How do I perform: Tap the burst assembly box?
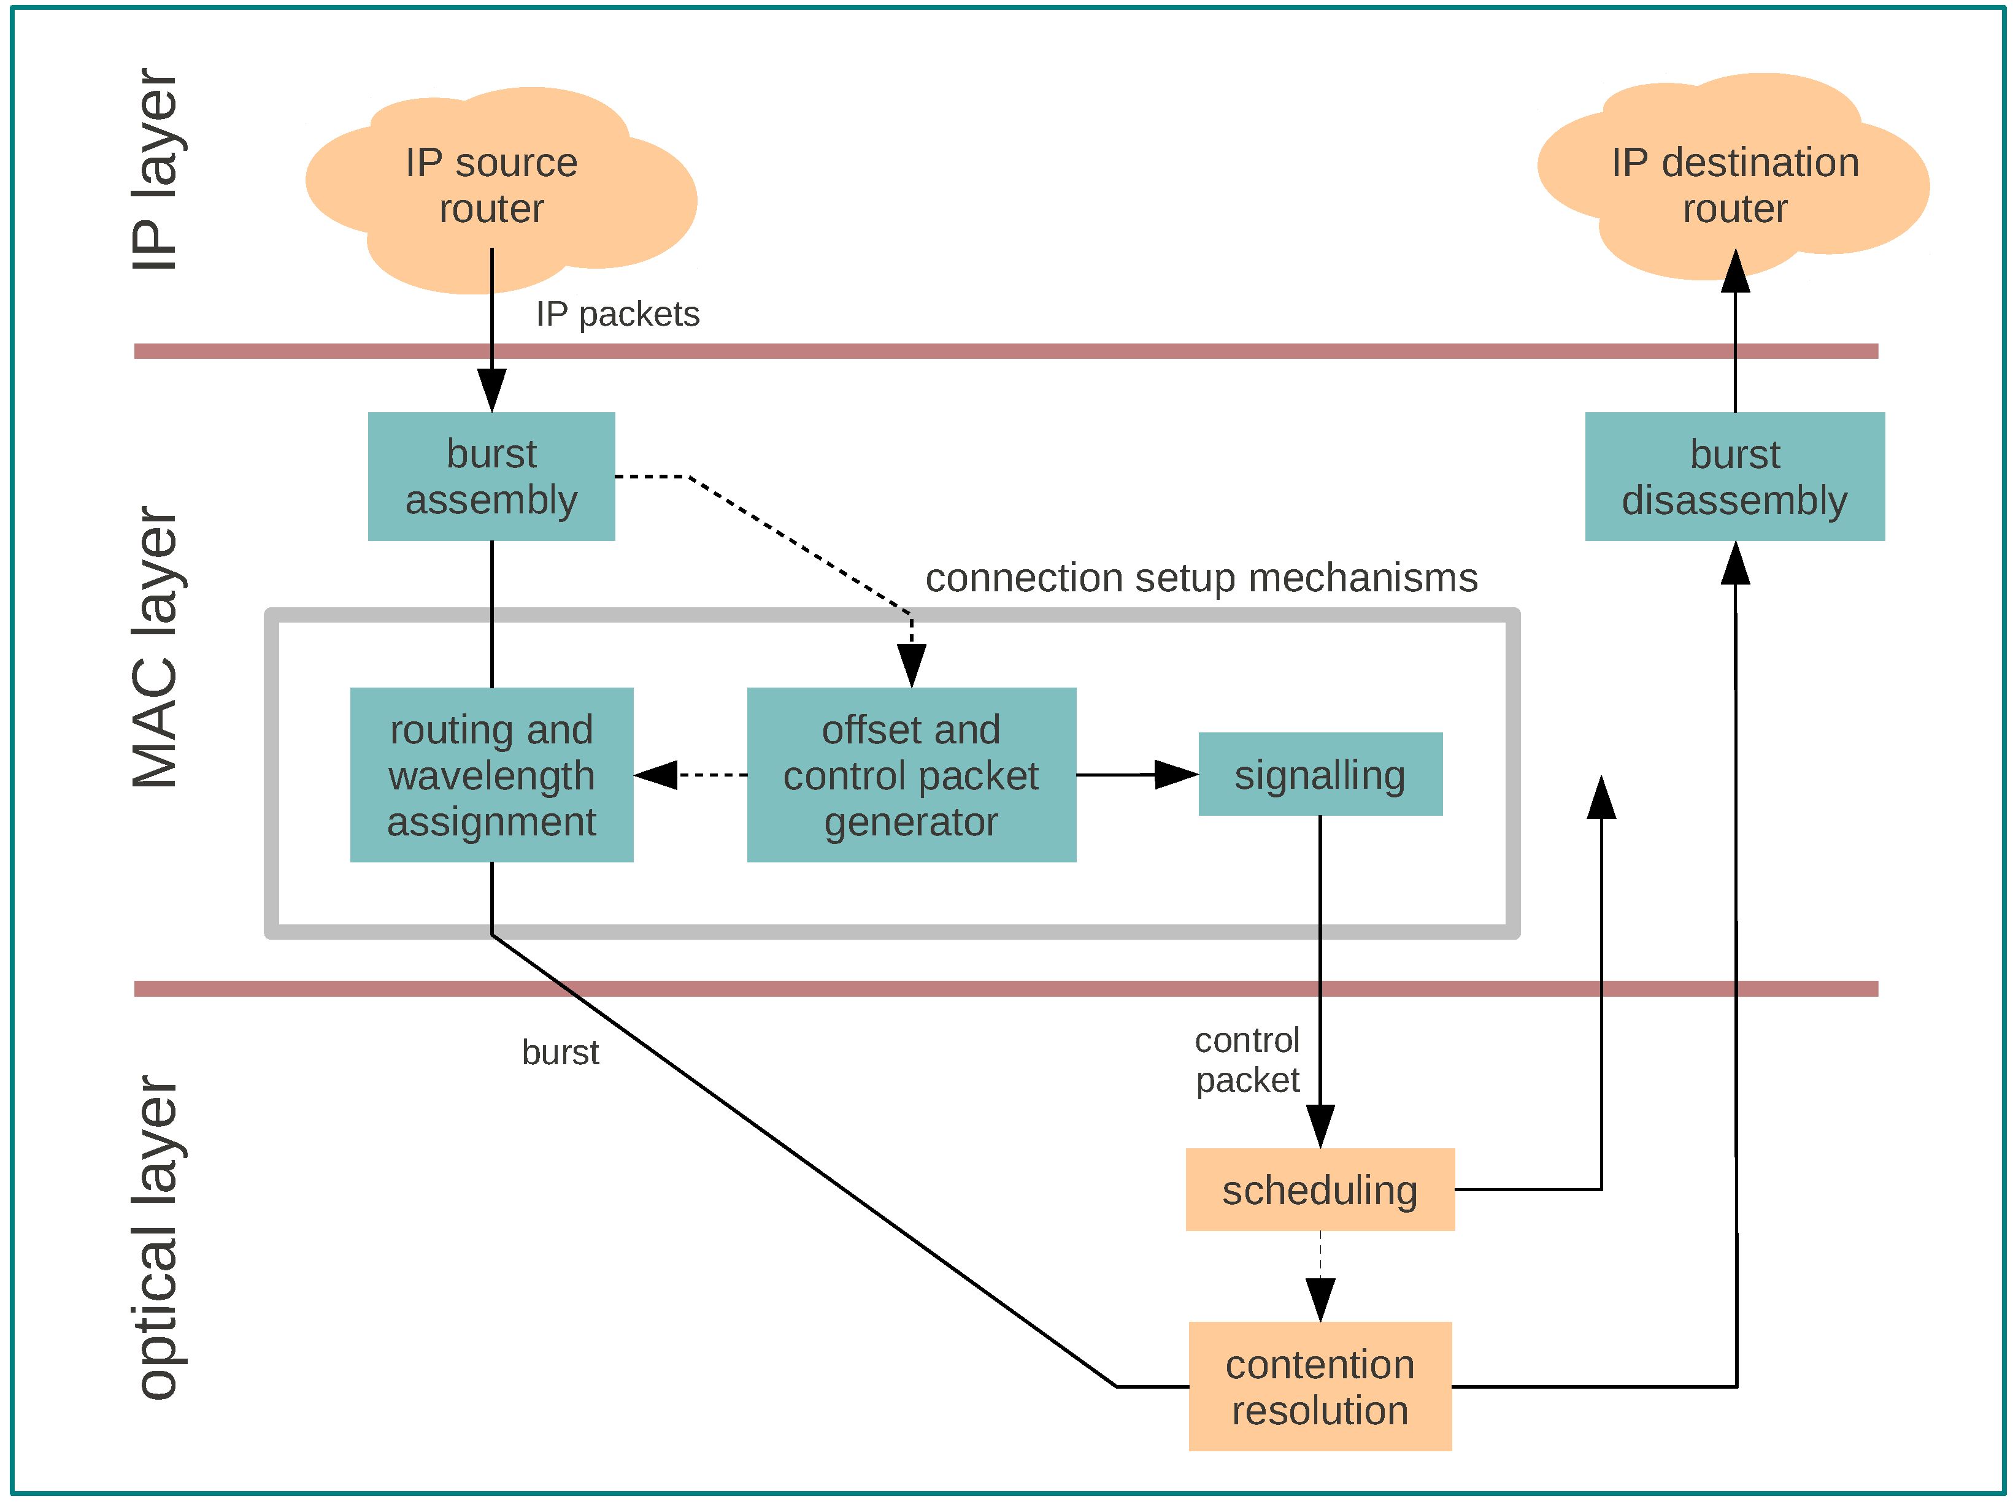click(491, 476)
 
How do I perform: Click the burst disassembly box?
click(1734, 476)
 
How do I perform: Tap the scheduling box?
click(1320, 1189)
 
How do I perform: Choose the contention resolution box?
click(1320, 1386)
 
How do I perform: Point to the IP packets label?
click(617, 314)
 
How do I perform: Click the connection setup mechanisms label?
click(1201, 578)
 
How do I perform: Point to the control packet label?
click(1247, 1060)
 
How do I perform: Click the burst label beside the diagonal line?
click(560, 1053)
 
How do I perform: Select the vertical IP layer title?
click(155, 170)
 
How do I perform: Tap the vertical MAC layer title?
click(155, 648)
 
